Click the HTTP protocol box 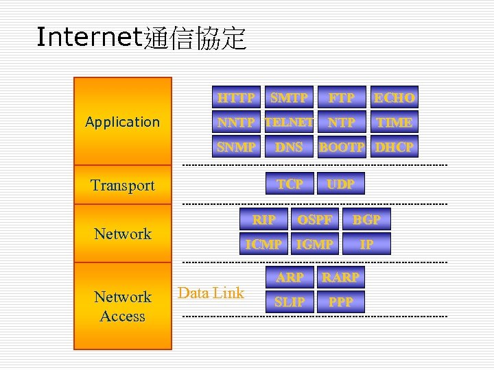tap(236, 98)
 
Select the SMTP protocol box tap(289, 98)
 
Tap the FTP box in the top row tap(341, 98)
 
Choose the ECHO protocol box tap(394, 98)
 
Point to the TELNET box tap(289, 123)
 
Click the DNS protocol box tap(289, 147)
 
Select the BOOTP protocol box tap(341, 147)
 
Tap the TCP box tap(290, 184)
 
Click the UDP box tap(341, 184)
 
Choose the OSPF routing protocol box tap(314, 219)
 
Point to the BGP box tap(366, 219)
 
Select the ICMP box tap(263, 244)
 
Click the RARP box tap(341, 277)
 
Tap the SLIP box tap(290, 301)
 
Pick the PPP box tap(341, 301)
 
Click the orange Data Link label tap(211, 293)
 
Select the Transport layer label tap(123, 185)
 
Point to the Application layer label tap(123, 122)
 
